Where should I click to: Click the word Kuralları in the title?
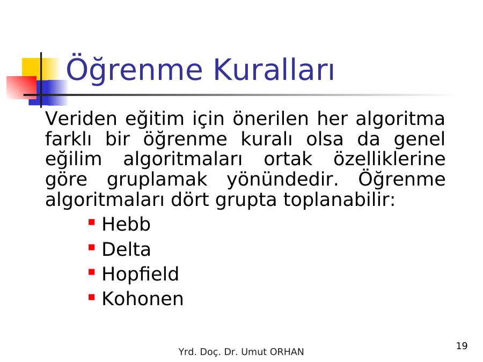[274, 69]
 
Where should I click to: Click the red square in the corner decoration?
[21, 87]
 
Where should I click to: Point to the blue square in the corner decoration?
[49, 93]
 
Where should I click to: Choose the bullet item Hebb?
[126, 224]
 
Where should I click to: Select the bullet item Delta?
[126, 249]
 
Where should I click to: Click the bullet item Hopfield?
[140, 274]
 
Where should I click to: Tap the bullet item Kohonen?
[143, 299]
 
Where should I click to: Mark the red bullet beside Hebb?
[91, 222]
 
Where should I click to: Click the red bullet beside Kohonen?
[91, 297]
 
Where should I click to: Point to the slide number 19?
[462, 346]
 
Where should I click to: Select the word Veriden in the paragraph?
[82, 118]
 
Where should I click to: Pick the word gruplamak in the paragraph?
[157, 180]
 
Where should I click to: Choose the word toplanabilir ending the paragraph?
[339, 200]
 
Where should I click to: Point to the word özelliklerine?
[390, 159]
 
